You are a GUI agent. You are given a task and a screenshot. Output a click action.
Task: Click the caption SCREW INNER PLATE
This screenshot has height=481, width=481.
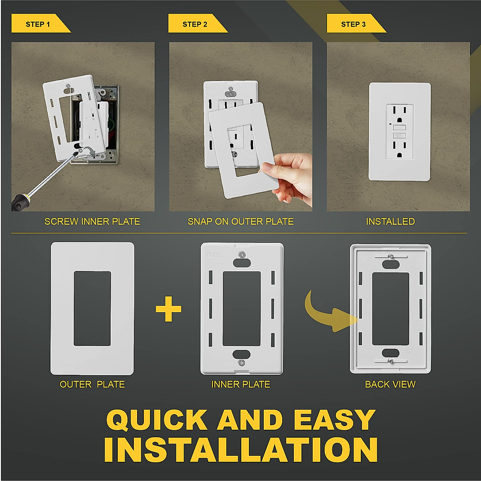92,221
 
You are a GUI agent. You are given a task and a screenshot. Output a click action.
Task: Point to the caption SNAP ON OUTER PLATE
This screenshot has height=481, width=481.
240,221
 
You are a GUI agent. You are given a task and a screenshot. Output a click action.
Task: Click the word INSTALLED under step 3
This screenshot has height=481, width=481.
390,221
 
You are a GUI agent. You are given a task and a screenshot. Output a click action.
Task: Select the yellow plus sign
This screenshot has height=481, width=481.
168,309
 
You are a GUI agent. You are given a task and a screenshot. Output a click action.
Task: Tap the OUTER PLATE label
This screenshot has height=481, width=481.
92,384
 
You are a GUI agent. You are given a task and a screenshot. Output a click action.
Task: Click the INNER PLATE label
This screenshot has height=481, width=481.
240,384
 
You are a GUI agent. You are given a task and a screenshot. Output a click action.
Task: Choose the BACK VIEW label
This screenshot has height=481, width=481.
390,384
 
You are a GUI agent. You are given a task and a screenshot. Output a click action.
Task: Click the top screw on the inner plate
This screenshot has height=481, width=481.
241,254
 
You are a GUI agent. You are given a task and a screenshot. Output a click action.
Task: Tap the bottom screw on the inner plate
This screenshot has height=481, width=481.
241,362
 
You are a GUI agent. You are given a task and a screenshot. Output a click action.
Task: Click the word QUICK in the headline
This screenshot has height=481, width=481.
156,420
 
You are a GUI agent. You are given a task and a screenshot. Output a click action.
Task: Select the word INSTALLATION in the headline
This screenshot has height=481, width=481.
240,450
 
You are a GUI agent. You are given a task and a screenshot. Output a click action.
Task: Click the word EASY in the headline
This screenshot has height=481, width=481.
334,420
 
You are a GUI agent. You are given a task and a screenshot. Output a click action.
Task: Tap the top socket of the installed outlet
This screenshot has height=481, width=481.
399,114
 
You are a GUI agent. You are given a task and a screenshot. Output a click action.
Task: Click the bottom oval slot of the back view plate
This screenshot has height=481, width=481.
390,353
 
